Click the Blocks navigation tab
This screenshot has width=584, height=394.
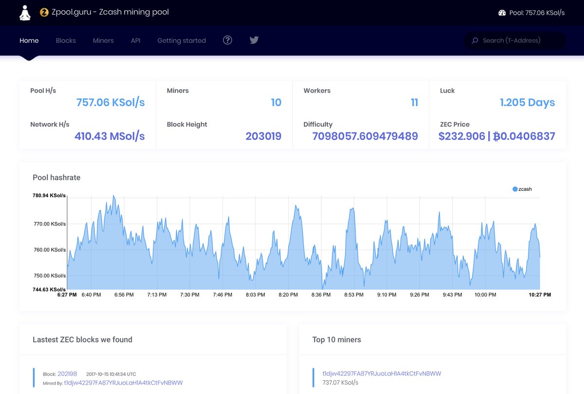point(66,40)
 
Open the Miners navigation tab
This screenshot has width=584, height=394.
point(103,40)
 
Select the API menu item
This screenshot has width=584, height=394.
point(136,40)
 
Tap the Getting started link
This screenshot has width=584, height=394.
point(182,41)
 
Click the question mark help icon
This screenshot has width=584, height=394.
point(227,40)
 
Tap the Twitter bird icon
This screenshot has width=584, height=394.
point(254,40)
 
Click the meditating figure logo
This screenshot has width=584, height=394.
point(25,13)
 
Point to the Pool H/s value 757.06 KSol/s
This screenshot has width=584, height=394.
point(110,103)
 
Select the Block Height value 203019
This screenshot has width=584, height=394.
point(263,136)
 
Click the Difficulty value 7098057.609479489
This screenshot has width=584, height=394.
point(365,136)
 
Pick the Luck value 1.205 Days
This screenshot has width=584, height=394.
point(527,103)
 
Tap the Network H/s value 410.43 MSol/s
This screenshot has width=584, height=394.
point(109,136)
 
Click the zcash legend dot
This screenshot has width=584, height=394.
point(515,189)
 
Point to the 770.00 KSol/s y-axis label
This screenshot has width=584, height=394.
point(50,224)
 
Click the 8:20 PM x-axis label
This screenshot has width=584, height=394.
point(288,295)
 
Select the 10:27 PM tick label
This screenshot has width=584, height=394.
point(540,295)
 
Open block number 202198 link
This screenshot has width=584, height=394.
point(67,374)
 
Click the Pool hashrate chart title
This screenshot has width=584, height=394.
point(56,177)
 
